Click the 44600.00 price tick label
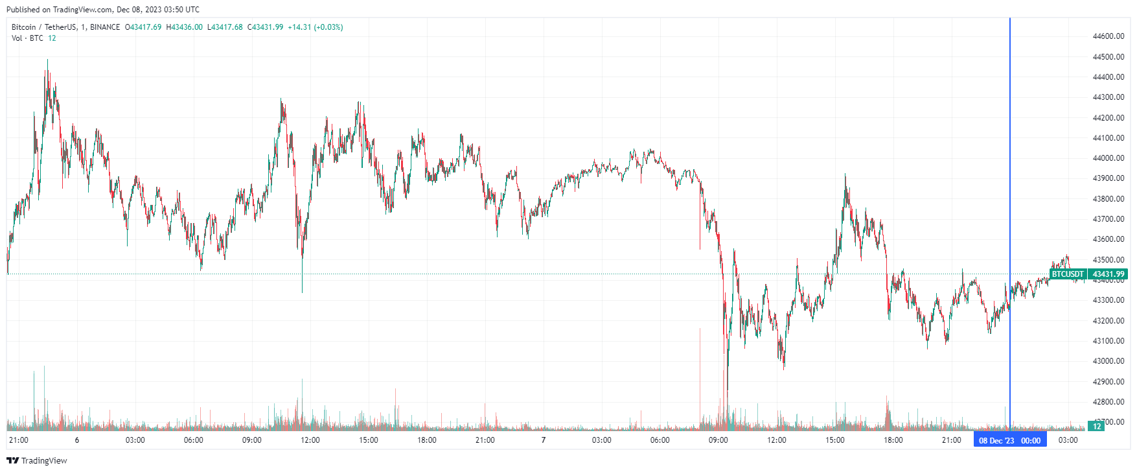click(1108, 36)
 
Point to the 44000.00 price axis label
click(1108, 158)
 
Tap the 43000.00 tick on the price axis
click(1108, 361)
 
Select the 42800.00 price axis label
click(1108, 402)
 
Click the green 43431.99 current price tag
click(1108, 274)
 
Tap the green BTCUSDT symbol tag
click(1068, 274)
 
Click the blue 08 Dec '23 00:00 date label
click(1009, 440)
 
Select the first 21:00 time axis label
click(19, 440)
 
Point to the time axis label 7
click(544, 440)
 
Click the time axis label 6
click(77, 440)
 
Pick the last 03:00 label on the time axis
click(1068, 440)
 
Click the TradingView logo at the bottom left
click(37, 460)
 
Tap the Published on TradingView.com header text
click(103, 10)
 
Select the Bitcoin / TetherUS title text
click(43, 27)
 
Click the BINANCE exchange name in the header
click(105, 27)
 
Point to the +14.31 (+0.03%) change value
click(316, 27)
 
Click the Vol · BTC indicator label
click(27, 38)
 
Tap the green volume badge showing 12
click(1097, 426)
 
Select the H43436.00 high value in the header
click(184, 27)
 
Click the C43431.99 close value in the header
click(266, 27)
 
